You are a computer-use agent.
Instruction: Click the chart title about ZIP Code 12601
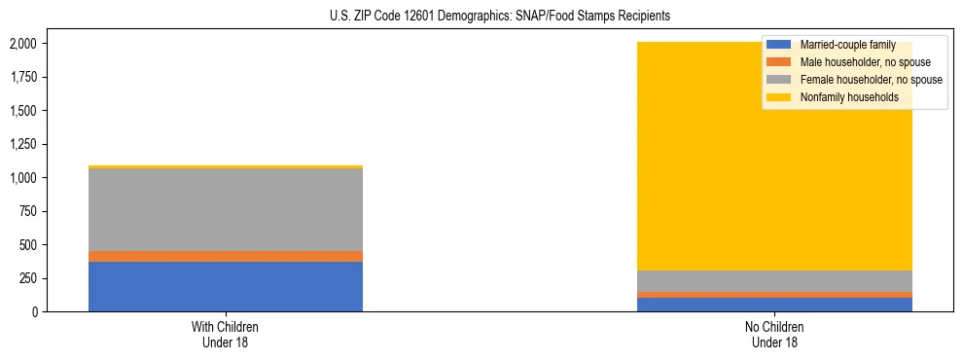[x=481, y=17]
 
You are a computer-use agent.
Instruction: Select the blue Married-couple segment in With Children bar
[x=226, y=286]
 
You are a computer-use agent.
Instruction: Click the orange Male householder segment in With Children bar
[x=226, y=256]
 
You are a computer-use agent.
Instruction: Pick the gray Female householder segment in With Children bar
[x=226, y=209]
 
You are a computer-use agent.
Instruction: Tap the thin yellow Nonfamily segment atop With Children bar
[x=226, y=167]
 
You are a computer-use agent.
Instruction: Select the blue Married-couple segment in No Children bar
[x=775, y=305]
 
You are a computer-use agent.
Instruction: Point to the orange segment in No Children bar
[x=775, y=295]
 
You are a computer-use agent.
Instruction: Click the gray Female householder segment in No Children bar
[x=775, y=281]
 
